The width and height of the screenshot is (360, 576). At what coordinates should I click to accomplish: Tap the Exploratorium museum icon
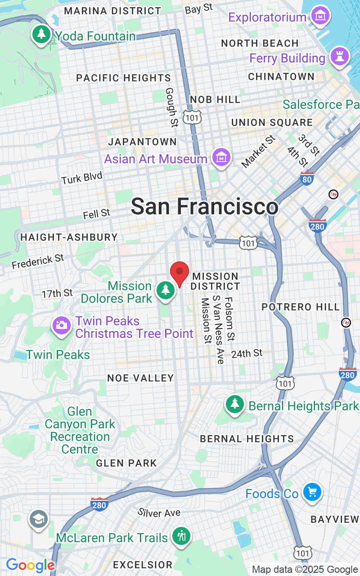click(321, 16)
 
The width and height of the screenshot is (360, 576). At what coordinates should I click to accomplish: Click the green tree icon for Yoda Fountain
click(41, 34)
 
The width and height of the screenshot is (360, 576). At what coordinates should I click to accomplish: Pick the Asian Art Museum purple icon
click(221, 157)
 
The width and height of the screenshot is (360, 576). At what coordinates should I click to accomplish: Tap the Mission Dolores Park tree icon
click(166, 290)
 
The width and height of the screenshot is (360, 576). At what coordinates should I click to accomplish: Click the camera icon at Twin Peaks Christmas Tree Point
click(61, 325)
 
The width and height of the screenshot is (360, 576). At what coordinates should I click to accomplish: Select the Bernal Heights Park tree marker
click(234, 404)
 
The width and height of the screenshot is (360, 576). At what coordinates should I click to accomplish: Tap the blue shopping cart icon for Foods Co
click(311, 492)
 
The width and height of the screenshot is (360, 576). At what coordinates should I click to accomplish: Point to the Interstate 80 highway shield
click(307, 179)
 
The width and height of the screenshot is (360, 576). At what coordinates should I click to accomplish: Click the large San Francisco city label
click(205, 207)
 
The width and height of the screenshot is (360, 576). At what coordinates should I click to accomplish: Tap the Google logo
click(30, 565)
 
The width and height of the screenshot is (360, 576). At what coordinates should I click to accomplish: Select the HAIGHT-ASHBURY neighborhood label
click(69, 237)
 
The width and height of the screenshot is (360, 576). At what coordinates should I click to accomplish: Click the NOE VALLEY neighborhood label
click(140, 378)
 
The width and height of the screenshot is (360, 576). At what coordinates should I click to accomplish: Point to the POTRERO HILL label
click(301, 307)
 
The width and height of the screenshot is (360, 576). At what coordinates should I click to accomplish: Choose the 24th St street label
click(247, 354)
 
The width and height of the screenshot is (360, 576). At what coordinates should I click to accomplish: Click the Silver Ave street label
click(159, 513)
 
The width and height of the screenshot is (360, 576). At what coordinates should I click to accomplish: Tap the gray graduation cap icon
click(39, 520)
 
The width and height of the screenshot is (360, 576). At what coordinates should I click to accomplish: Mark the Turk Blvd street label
click(82, 178)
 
